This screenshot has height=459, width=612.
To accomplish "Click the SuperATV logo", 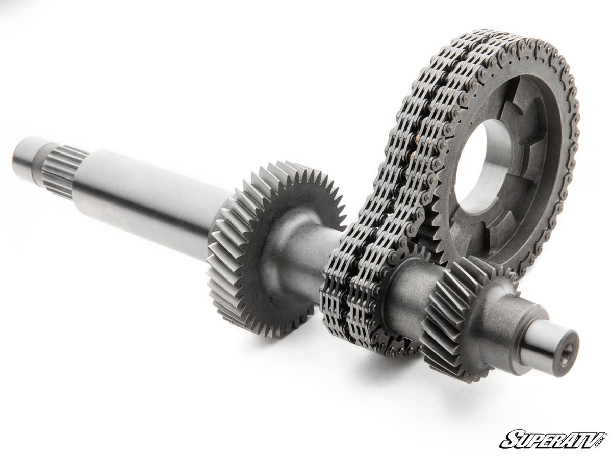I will pos(553,439).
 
